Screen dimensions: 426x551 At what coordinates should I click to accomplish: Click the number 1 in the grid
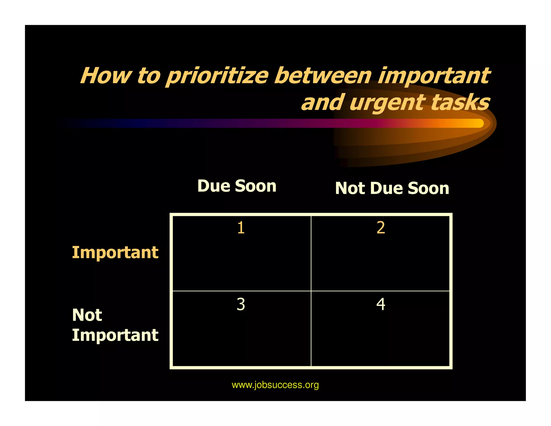point(241,228)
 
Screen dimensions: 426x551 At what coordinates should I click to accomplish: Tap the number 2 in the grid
point(381,228)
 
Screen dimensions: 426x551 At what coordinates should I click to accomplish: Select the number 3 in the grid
point(241,304)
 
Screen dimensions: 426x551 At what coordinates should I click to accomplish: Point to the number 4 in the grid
point(381,304)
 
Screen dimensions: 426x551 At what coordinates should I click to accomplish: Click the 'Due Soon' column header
point(237,186)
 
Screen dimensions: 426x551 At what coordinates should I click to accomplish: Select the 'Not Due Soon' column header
point(392,188)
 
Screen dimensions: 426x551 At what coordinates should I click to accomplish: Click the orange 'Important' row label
point(115,253)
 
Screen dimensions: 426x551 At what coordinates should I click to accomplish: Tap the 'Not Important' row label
point(115,325)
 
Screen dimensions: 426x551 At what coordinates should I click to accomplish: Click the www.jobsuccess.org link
point(275,385)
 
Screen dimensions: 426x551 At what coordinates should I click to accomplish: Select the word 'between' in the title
point(323,76)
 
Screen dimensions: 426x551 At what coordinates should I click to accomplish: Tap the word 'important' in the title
point(434,76)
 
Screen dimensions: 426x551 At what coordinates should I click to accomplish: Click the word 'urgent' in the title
point(387,103)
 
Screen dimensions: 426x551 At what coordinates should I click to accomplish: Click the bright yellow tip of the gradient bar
point(478,123)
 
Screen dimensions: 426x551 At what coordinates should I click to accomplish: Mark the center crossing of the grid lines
point(311,291)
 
